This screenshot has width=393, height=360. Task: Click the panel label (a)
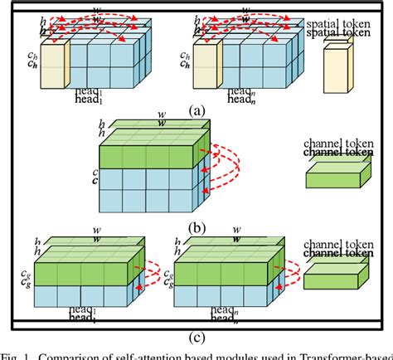(196, 109)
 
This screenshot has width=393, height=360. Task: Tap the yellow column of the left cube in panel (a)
(54, 66)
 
